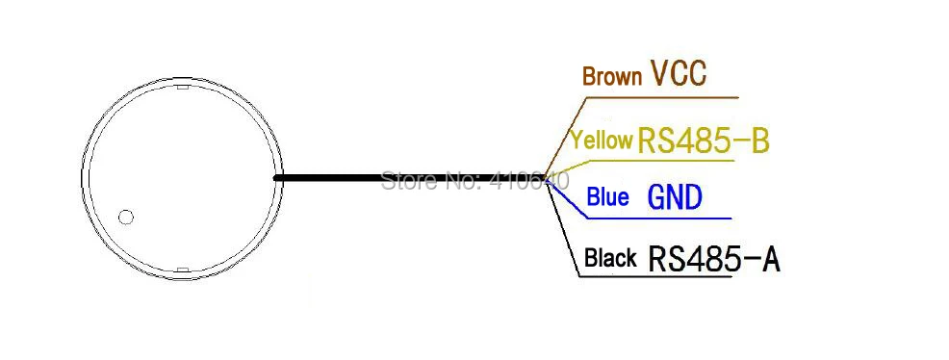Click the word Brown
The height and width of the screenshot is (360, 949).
611,77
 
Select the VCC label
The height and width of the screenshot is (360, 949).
679,74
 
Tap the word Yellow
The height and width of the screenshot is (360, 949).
601,141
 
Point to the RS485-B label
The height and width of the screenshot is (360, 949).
703,141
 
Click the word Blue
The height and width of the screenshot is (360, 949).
607,198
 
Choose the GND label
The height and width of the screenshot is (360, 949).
675,198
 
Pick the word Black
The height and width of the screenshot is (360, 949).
610,258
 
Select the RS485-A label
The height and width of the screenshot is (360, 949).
713,258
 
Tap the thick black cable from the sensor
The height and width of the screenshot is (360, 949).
385,178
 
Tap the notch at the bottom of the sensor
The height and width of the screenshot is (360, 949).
182,269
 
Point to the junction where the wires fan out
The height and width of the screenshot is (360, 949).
547,179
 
